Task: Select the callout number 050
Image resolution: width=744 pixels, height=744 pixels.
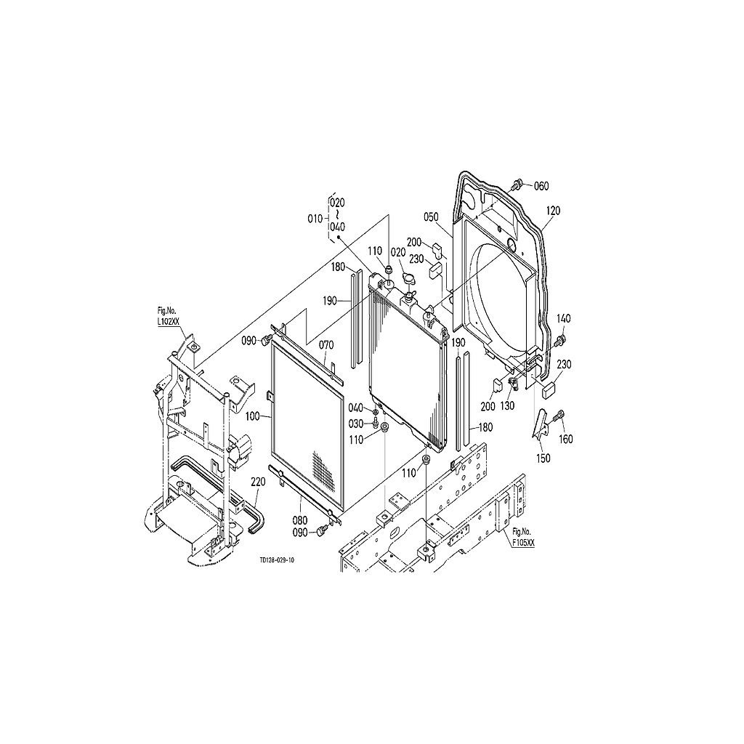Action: click(431, 217)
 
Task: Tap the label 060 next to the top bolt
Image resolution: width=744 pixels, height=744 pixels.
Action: click(541, 186)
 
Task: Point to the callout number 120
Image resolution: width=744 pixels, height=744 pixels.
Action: click(553, 211)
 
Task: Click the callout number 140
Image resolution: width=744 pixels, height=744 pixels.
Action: click(564, 318)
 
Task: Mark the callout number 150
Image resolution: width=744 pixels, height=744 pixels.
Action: click(543, 458)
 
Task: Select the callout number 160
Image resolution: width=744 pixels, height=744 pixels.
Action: click(565, 439)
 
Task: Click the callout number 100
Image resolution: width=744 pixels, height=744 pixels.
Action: click(253, 416)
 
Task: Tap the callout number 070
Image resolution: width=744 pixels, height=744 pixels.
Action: click(326, 344)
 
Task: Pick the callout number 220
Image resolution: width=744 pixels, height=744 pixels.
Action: click(258, 481)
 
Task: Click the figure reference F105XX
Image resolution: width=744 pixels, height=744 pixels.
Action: click(522, 543)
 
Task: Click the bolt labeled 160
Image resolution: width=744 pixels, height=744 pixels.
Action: click(557, 416)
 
